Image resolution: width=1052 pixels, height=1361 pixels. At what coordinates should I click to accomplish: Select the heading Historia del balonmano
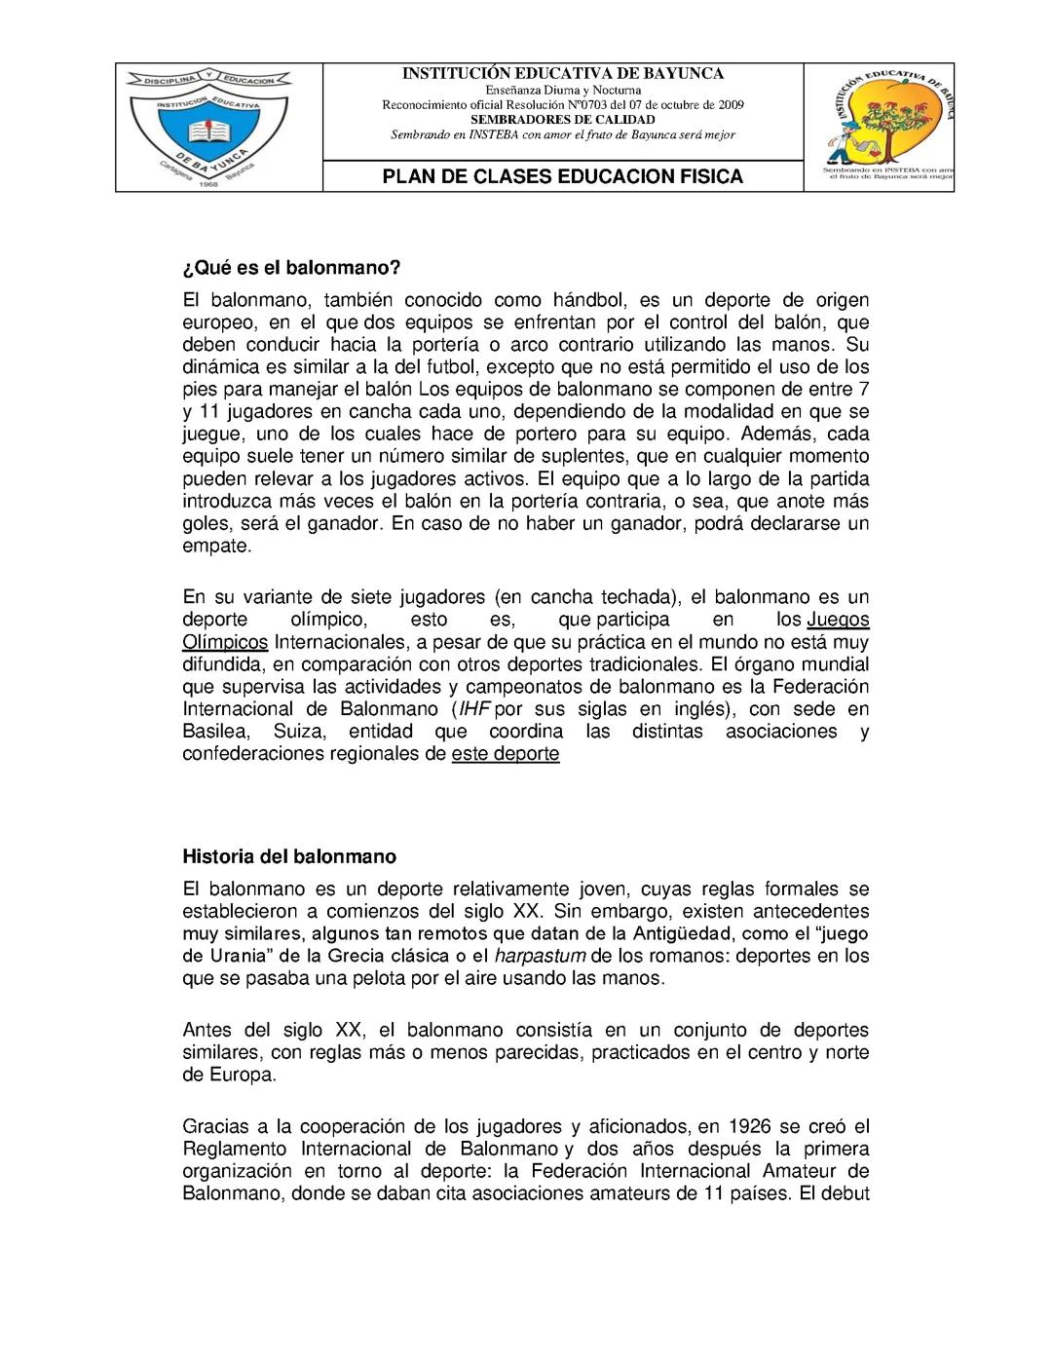click(289, 857)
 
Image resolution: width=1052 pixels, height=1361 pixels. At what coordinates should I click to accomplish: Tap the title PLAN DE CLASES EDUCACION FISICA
click(562, 176)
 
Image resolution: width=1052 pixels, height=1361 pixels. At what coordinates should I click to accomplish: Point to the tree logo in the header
click(882, 123)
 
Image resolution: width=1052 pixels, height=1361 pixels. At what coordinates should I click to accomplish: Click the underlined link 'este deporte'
click(506, 754)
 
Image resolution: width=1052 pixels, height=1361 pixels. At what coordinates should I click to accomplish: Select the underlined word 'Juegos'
click(838, 620)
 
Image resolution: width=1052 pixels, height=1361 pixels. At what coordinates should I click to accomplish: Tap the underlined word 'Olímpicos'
click(225, 642)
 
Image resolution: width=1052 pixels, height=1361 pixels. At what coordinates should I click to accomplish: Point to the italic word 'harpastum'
click(540, 956)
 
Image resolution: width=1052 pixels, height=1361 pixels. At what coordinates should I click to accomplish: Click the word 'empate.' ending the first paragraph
click(217, 547)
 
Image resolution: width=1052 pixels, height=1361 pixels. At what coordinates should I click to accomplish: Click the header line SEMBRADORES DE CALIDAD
click(563, 120)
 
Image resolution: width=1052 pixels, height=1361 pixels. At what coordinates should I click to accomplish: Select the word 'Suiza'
click(299, 732)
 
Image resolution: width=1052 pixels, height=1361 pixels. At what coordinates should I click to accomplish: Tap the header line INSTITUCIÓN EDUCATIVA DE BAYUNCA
click(563, 74)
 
